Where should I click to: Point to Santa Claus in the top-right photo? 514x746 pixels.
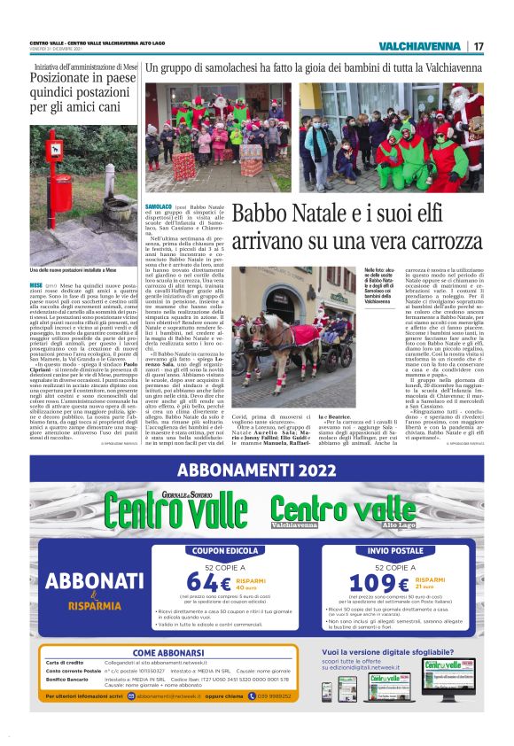pos(469,115)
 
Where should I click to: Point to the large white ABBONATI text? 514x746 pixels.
pos(88,580)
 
